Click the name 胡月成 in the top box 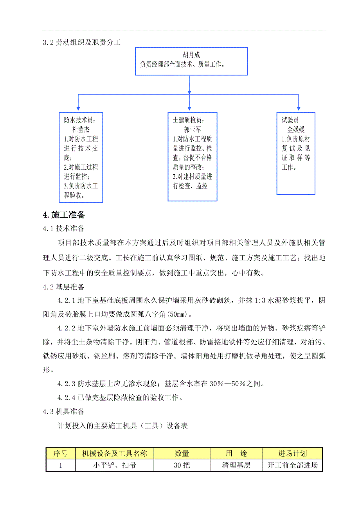coord(192,55)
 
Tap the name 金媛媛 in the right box coord(296,129)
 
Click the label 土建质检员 coord(188,120)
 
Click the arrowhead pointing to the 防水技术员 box coord(78,108)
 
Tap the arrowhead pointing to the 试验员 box coord(299,108)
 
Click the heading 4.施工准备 coord(64,215)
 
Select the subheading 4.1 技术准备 coord(63,228)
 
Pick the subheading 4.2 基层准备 coord(63,287)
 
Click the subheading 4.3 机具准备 coord(63,412)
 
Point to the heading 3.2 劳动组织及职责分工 coord(81,43)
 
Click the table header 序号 coord(60,453)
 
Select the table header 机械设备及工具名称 coord(115,453)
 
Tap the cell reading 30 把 coord(182,466)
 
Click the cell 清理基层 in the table coord(236,466)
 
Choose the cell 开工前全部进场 coord(292,466)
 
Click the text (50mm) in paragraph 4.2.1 coord(177,314)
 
